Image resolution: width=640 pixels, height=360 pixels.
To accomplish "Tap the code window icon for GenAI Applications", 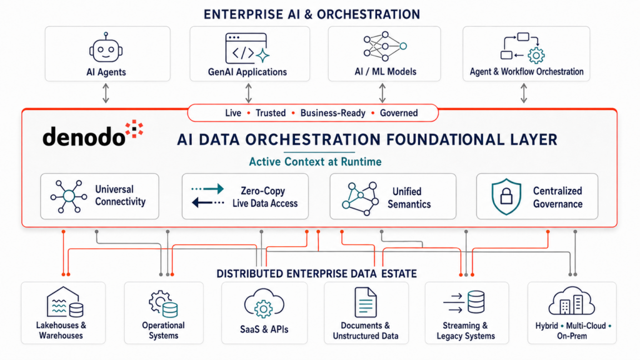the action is point(247,48).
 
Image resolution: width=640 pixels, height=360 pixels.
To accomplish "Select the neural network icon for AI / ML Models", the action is point(385,46).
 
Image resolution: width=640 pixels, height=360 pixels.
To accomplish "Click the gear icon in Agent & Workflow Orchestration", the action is point(536,55).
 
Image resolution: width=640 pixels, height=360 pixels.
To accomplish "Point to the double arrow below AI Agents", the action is point(106,93).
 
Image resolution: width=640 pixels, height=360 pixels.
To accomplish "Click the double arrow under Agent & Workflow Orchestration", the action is point(524,93).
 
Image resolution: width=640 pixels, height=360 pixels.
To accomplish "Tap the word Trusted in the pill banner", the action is point(271,113).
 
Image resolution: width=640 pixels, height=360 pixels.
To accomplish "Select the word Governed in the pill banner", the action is point(399,113).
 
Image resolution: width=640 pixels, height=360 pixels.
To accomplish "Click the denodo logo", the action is point(93,133).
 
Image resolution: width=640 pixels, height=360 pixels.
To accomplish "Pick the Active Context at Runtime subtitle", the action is point(315,162).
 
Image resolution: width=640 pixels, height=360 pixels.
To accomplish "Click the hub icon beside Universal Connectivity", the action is point(69,196).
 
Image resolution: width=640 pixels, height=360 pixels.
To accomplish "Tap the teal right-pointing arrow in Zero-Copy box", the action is point(207,189).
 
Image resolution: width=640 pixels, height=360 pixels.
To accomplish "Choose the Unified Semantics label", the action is point(409,197).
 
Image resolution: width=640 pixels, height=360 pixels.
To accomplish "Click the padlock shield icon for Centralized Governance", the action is point(506,196).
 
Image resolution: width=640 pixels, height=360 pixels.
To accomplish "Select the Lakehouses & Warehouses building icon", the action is point(65,302).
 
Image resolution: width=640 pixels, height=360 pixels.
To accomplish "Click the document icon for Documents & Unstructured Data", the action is point(365,302).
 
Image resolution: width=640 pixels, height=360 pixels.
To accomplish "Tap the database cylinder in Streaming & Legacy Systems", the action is point(476,302).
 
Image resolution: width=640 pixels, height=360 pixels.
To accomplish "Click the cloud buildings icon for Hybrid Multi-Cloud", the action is point(571,301).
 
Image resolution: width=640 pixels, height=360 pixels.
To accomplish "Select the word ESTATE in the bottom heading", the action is point(399,274).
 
